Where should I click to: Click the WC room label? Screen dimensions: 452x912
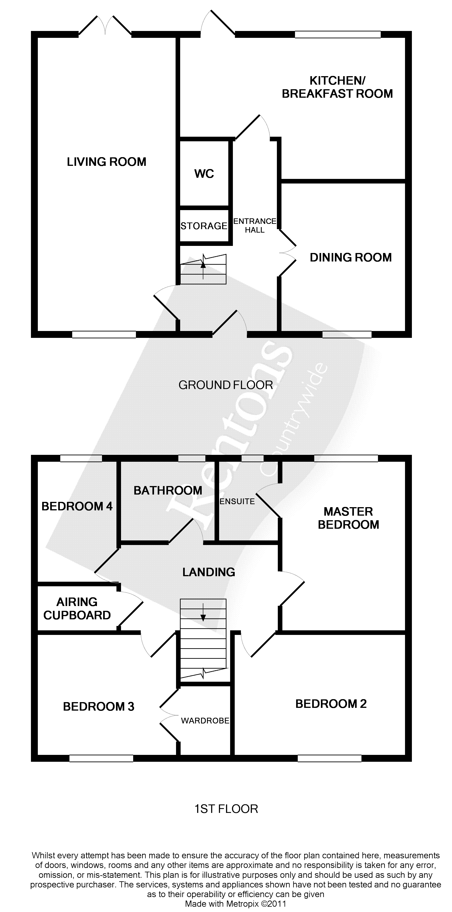(x=204, y=174)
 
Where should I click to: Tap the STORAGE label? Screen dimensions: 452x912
(x=204, y=226)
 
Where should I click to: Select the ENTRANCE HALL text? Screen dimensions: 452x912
(x=255, y=225)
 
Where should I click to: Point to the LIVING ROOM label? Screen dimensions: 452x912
(x=106, y=162)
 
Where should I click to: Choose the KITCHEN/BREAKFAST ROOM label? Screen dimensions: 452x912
(x=337, y=87)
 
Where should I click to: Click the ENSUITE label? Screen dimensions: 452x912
(x=237, y=501)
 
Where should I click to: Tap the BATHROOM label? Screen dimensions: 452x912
(x=168, y=490)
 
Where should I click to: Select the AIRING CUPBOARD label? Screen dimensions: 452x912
(x=77, y=609)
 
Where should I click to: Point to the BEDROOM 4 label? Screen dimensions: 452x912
(x=77, y=506)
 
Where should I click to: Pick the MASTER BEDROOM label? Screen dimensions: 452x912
(x=348, y=518)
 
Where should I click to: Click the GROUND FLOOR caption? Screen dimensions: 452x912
(x=226, y=385)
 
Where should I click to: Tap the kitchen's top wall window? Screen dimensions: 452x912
(x=338, y=34)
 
